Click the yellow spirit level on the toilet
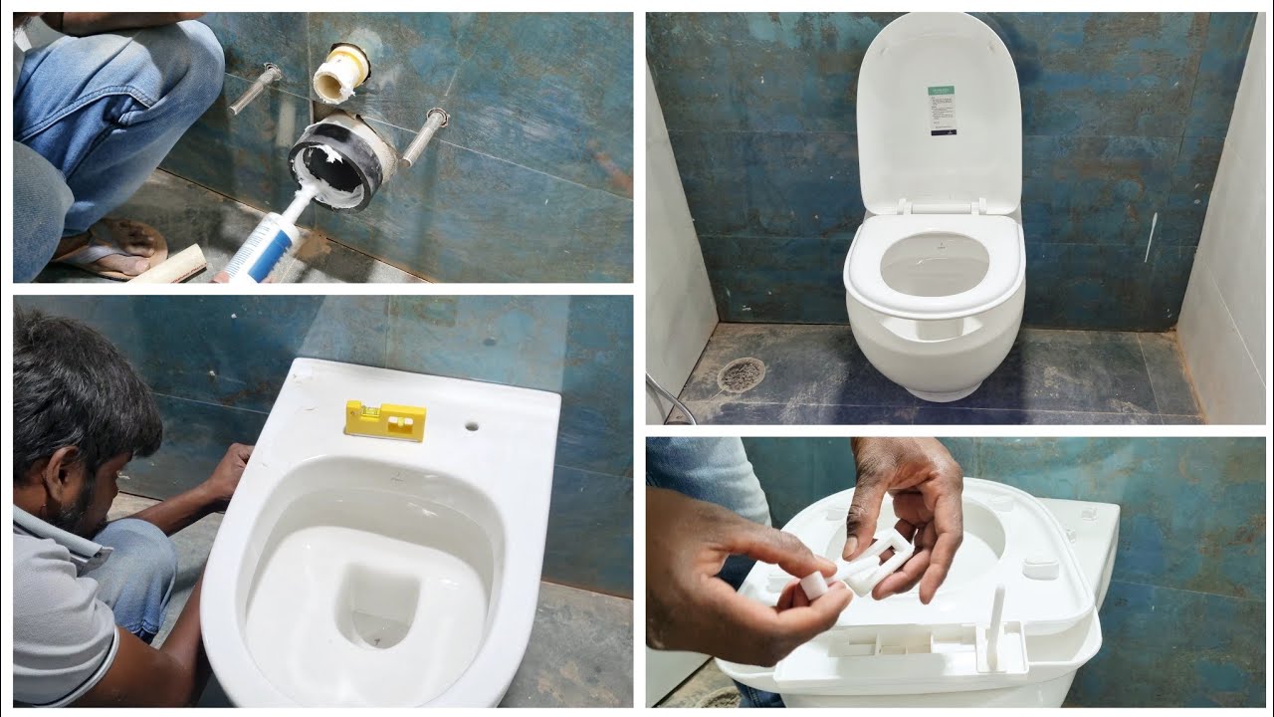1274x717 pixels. (384, 419)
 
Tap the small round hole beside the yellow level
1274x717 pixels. (471, 425)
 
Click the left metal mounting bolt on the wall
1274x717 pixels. (255, 88)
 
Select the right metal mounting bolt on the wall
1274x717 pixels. (424, 136)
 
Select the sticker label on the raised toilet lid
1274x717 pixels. (941, 110)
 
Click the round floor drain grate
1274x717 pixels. (741, 374)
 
